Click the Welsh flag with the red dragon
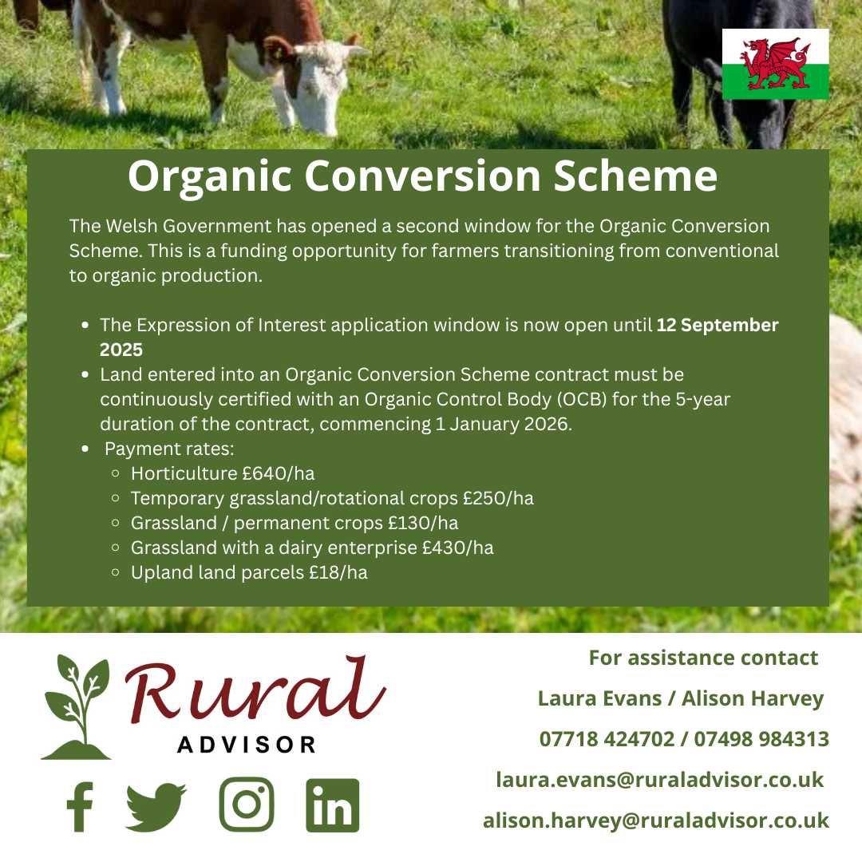coord(775,64)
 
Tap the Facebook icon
coord(80,806)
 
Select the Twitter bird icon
coord(156,806)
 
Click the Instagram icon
coord(247,805)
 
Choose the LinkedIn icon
coord(333,805)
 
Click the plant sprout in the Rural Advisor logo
coord(77,707)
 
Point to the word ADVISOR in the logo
coord(247,745)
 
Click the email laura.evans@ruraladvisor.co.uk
coord(660,780)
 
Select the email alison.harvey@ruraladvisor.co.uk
coord(656,820)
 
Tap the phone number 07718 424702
coord(607,739)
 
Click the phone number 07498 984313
coord(761,739)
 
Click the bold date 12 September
coord(718,325)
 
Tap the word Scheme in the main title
coord(635,176)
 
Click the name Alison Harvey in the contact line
coord(753,698)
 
